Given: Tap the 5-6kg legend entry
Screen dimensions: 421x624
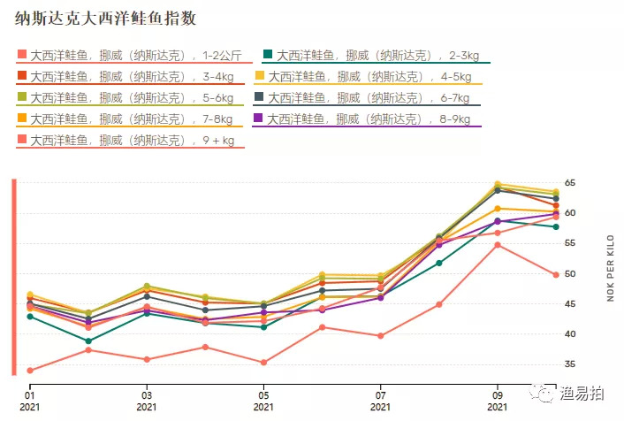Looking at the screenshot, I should (x=131, y=97).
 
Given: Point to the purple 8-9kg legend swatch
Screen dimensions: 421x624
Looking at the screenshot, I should (x=258, y=119).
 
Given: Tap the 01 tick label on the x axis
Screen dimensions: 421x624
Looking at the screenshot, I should (x=30, y=395).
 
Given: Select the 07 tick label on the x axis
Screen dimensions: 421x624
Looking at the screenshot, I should (x=381, y=395).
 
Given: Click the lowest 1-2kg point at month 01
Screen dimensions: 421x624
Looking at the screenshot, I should (x=30, y=371).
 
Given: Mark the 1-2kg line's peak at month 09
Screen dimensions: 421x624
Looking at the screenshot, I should (x=498, y=244).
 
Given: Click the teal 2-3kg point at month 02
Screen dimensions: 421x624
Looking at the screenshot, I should (x=88, y=341).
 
